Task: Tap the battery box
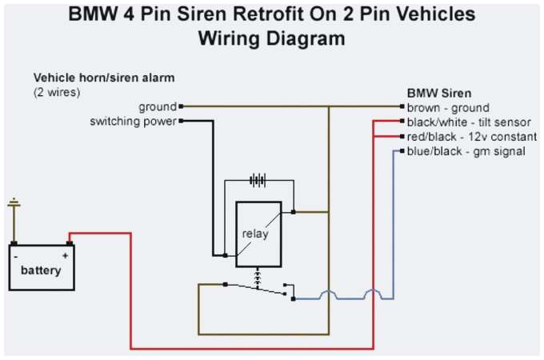click(41, 267)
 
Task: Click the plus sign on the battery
click(65, 255)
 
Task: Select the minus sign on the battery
click(17, 255)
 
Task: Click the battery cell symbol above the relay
click(258, 181)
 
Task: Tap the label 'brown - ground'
click(447, 108)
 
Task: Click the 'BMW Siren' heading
click(439, 93)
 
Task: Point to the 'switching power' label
click(133, 122)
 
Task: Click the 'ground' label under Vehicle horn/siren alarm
click(157, 106)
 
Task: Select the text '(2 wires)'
click(57, 92)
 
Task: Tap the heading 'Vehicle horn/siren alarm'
click(104, 78)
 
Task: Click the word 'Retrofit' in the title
click(255, 14)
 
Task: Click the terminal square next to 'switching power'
click(182, 121)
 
